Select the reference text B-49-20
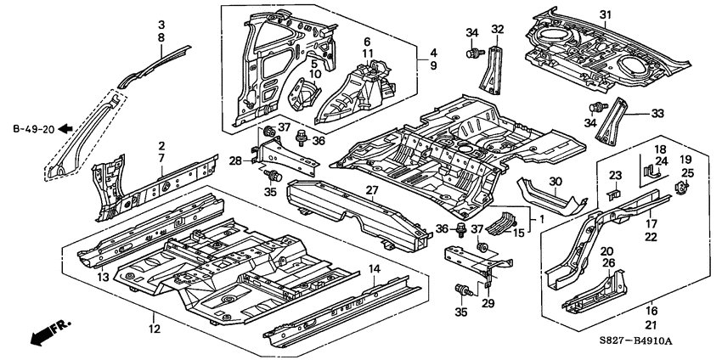click(34, 129)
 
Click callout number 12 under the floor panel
click(154, 330)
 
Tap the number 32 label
click(498, 29)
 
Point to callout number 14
click(373, 269)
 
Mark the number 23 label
click(616, 177)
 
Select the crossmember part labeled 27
click(357, 217)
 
